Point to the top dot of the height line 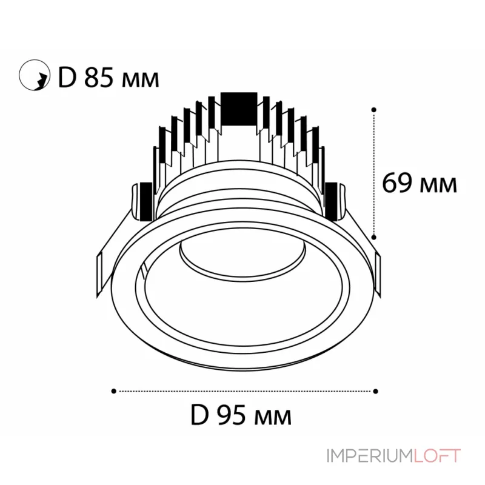374,110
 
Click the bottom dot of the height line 374,238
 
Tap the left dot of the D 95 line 113,391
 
